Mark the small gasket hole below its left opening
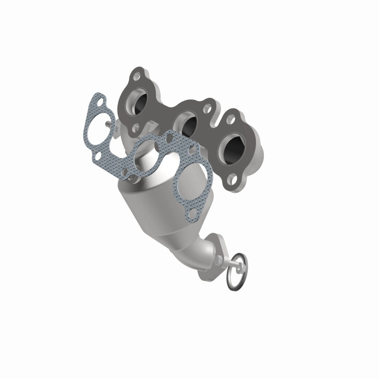coord(97,155)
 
